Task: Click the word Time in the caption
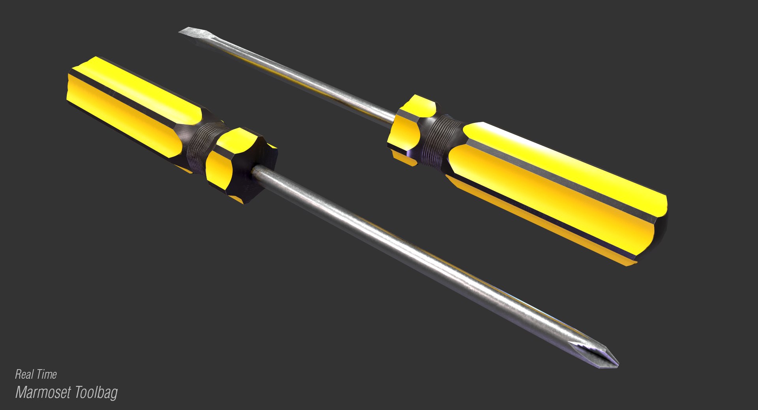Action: pos(47,374)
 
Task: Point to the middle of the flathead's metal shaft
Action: pos(292,75)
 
